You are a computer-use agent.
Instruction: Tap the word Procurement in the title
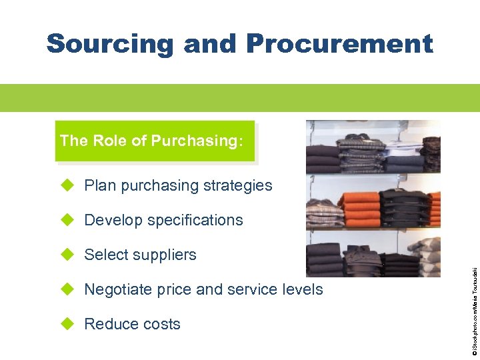pyautogui.click(x=339, y=45)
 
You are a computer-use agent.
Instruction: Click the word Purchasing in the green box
pyautogui.click(x=193, y=141)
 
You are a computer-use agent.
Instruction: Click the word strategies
pyautogui.click(x=239, y=185)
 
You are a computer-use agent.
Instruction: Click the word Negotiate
pyautogui.click(x=119, y=289)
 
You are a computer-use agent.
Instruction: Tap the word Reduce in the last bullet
pyautogui.click(x=110, y=324)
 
